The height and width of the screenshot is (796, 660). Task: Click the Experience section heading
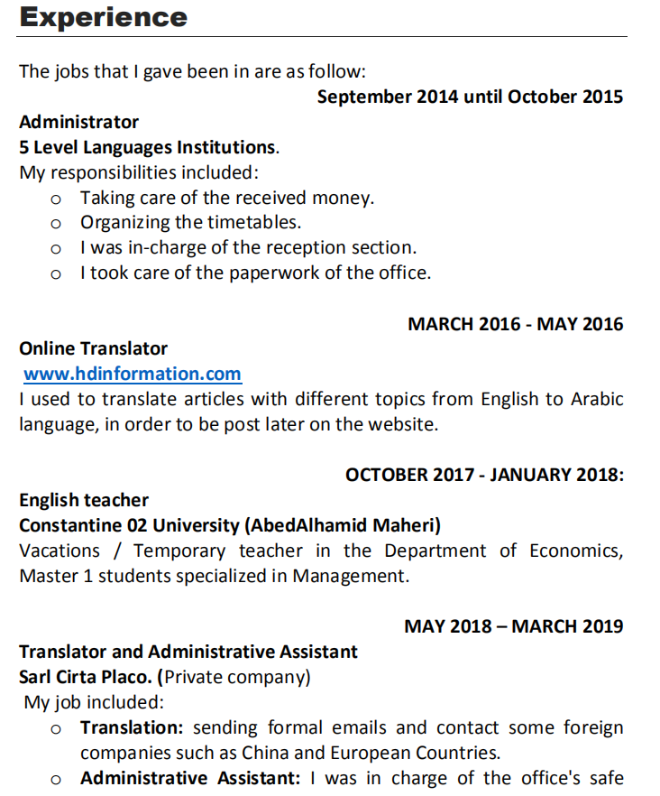pyautogui.click(x=104, y=17)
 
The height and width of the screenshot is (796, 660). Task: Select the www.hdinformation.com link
pyautogui.click(x=133, y=374)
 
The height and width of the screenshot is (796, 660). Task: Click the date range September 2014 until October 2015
pyautogui.click(x=470, y=97)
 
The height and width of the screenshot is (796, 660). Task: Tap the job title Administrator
pyautogui.click(x=79, y=122)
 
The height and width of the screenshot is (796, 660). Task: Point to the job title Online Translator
pyautogui.click(x=94, y=348)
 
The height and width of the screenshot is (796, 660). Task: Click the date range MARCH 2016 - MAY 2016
pyautogui.click(x=515, y=324)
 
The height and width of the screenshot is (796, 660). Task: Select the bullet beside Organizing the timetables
pyautogui.click(x=56, y=223)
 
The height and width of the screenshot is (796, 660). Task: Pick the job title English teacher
pyautogui.click(x=84, y=500)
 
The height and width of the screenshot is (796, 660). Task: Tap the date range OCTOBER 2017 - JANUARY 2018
pyautogui.click(x=484, y=475)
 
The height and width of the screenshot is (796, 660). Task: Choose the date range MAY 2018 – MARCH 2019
pyautogui.click(x=513, y=626)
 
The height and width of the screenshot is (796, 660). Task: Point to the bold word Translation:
pyautogui.click(x=133, y=727)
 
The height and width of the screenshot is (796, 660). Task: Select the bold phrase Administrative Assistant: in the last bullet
pyautogui.click(x=190, y=778)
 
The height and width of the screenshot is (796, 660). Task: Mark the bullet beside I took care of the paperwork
pyautogui.click(x=56, y=273)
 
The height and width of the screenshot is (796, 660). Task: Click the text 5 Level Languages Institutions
pyautogui.click(x=149, y=147)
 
